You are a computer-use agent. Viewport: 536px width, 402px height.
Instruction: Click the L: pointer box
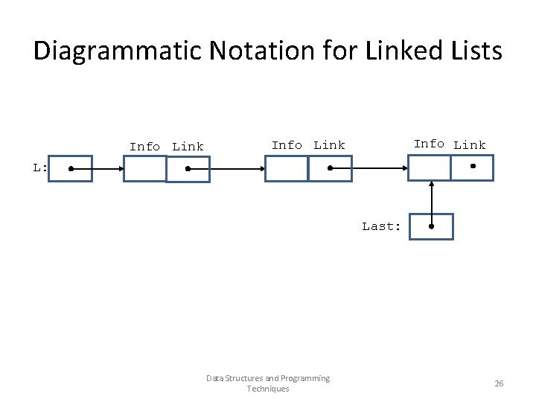71,169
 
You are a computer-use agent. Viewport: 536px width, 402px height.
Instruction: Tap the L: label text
40,168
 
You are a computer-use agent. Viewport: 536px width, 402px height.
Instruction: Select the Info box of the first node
144,169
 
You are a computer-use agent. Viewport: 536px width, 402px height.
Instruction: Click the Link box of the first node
188,169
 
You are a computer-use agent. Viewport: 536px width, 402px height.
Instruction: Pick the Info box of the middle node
287,169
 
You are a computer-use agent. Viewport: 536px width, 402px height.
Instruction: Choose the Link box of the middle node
330,169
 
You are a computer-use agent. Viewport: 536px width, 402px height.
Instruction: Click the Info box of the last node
430,167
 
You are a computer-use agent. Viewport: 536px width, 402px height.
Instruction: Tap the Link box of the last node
472,167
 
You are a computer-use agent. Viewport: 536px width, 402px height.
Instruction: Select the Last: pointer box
431,226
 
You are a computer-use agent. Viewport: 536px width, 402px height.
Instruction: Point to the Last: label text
381,226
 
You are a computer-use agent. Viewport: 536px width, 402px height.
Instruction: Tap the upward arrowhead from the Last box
431,185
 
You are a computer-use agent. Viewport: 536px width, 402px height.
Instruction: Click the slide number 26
499,383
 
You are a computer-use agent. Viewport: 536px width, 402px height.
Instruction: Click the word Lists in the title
473,51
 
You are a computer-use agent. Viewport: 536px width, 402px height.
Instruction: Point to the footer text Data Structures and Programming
268,378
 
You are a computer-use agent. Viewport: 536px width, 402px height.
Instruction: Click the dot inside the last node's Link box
472,166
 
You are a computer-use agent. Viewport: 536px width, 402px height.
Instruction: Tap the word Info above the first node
144,147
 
